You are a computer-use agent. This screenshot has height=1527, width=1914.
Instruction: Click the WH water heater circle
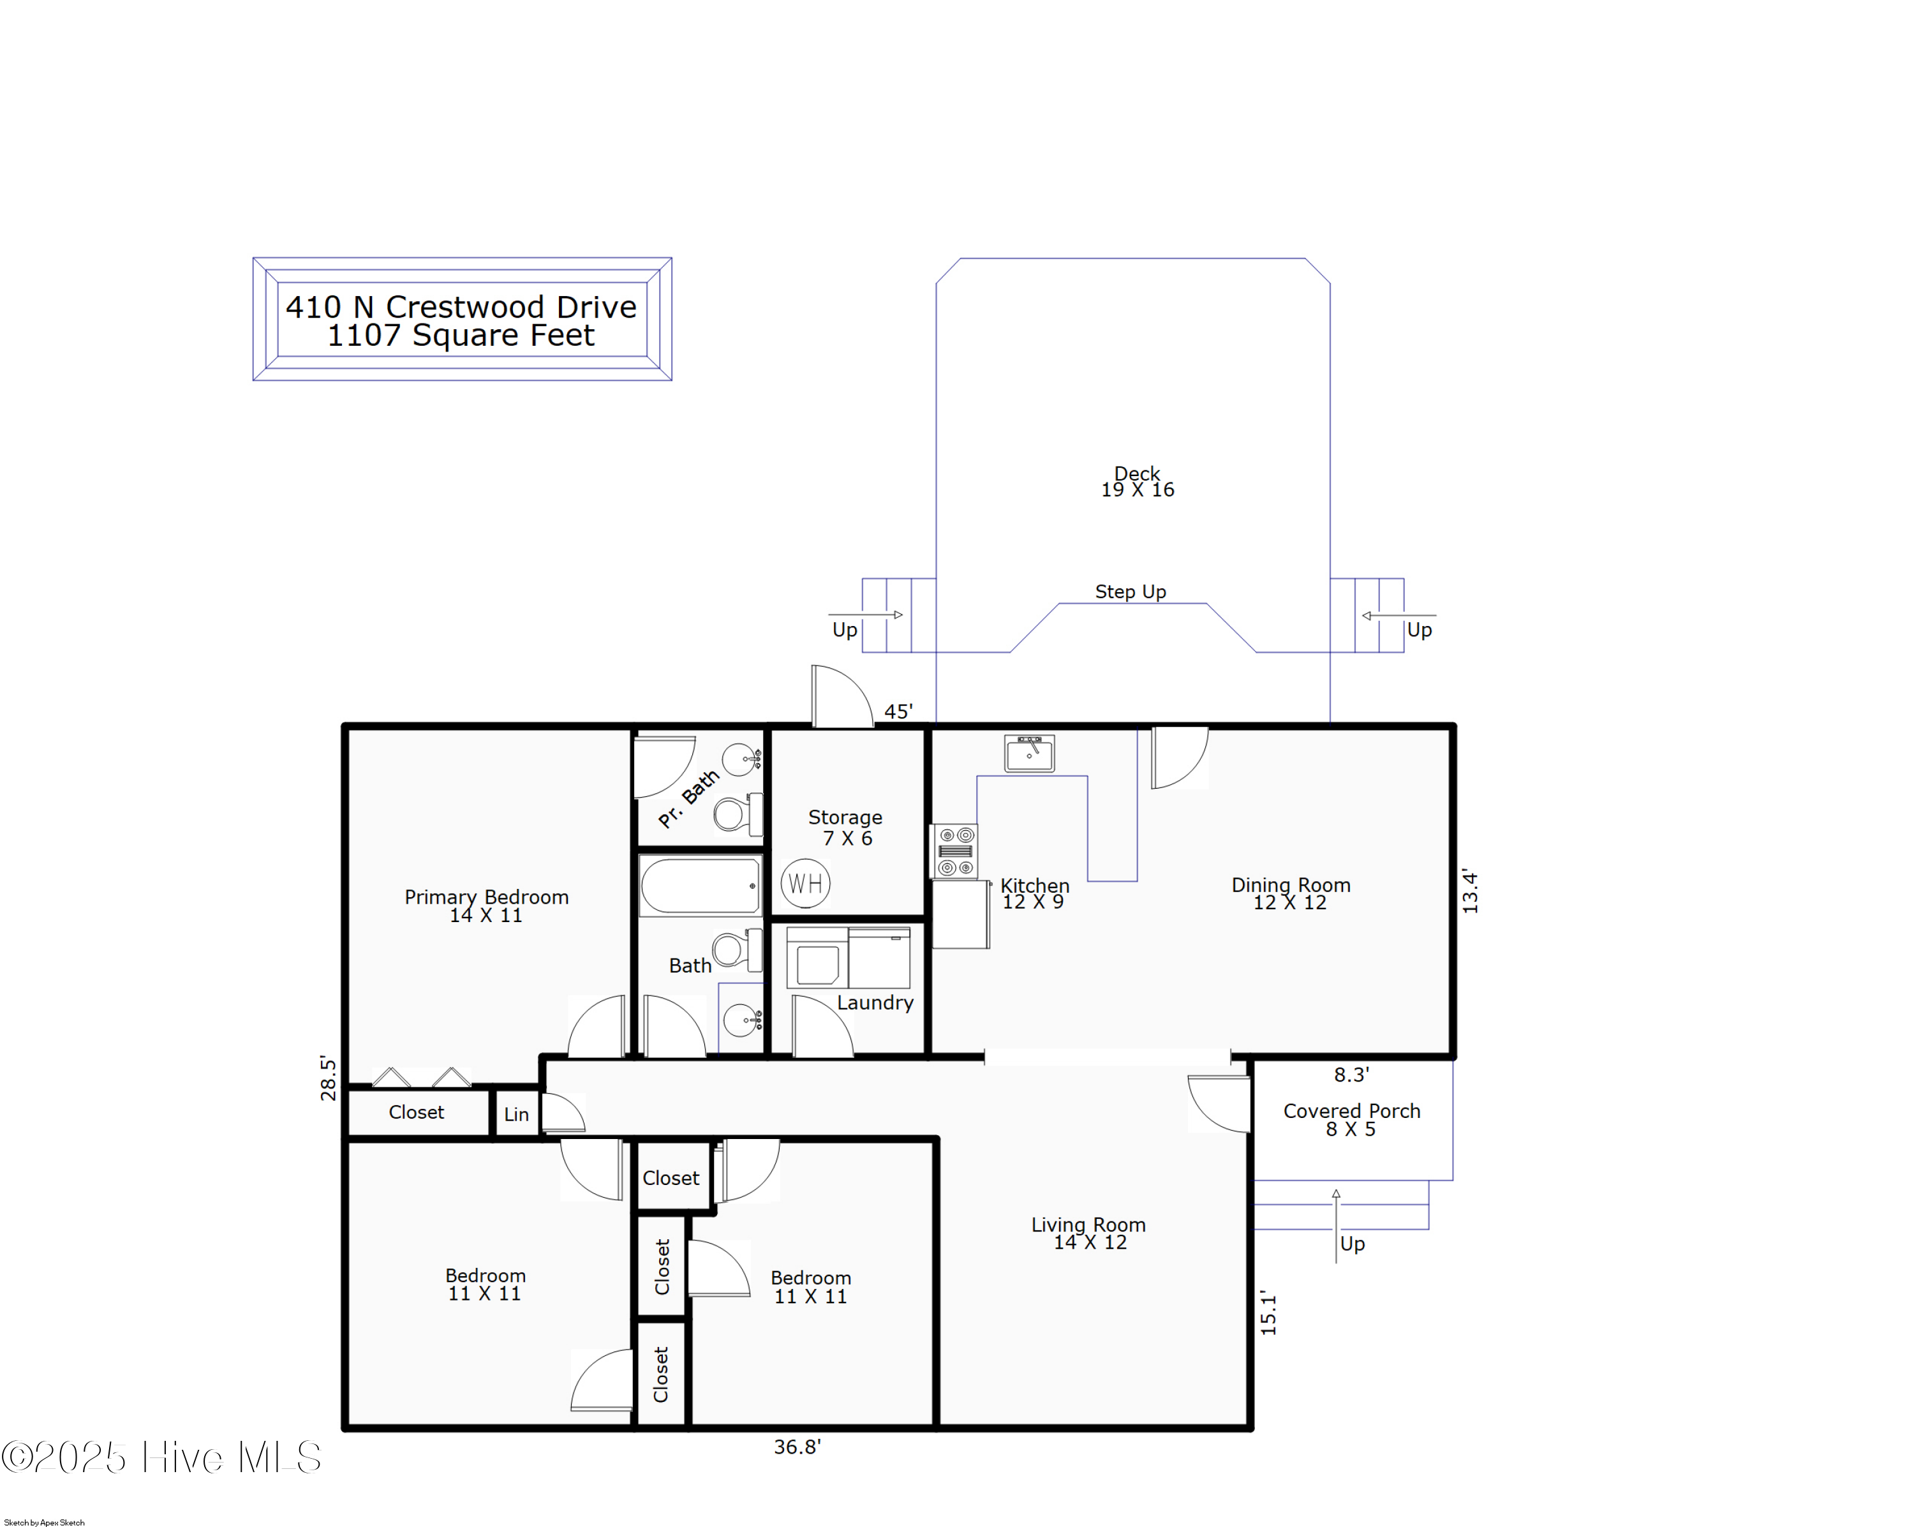[805, 883]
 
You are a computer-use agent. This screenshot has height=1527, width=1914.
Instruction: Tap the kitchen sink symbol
[1029, 754]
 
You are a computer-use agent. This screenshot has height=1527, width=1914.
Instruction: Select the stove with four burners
[955, 851]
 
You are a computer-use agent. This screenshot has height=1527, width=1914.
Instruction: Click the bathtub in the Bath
[699, 886]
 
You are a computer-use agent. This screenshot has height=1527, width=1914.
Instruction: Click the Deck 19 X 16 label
[1137, 481]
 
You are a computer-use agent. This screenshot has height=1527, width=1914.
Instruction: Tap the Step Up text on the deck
[1129, 592]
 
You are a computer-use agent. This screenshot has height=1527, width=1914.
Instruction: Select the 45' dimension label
[898, 711]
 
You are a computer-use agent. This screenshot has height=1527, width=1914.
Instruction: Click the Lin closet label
[516, 1114]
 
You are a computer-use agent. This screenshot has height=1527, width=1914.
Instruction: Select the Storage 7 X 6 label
[845, 826]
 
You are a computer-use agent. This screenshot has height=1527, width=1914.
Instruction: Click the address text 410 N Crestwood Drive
[461, 307]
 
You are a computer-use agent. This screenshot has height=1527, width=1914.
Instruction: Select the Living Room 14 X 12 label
[1088, 1233]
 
